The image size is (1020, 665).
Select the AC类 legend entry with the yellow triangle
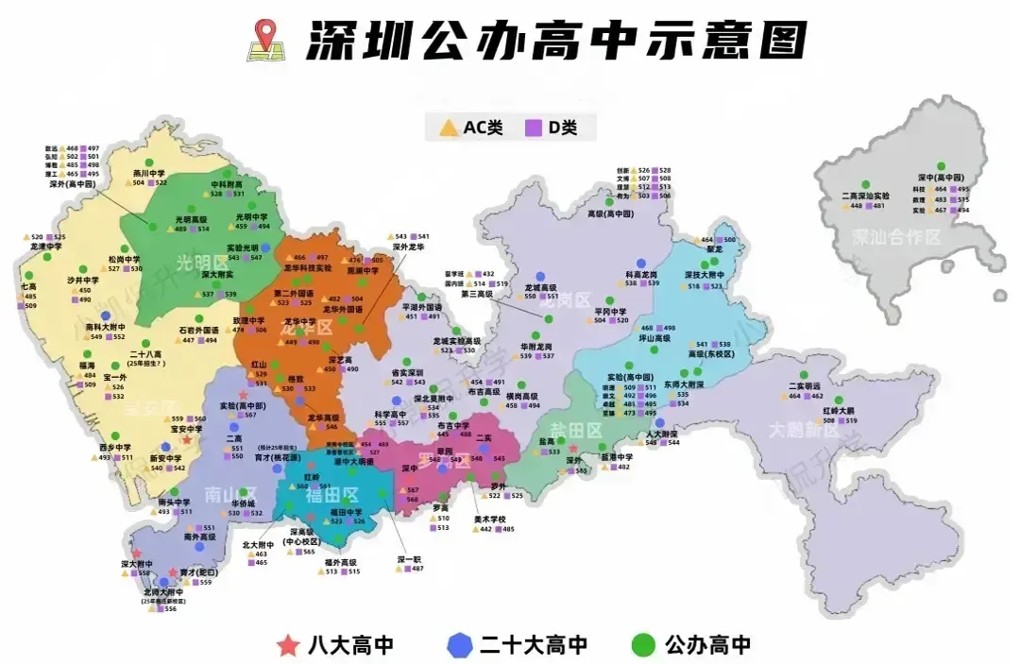point(473,128)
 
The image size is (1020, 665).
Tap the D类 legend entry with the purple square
point(552,128)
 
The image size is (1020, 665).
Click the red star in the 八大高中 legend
point(288,645)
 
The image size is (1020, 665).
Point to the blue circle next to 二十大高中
point(458,645)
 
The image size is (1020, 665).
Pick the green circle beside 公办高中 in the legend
point(642,645)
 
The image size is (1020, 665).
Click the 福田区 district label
point(337,494)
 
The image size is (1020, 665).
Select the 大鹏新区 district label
point(801,430)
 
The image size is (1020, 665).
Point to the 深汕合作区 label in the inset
point(896,236)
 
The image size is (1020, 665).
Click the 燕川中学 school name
point(149,173)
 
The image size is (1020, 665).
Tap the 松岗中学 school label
point(124,259)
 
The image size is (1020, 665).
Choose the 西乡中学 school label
point(115,447)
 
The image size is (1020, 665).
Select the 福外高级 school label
point(342,562)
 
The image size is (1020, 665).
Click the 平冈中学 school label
point(610,311)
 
